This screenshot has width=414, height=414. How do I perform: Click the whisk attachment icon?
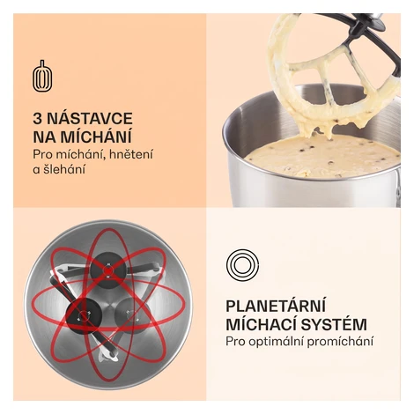[x=42, y=76]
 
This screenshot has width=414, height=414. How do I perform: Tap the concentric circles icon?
[x=242, y=265]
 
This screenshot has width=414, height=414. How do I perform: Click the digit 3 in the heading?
[x=37, y=118]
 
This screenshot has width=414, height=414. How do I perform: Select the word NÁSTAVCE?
[x=90, y=118]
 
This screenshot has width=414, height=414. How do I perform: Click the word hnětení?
[x=131, y=154]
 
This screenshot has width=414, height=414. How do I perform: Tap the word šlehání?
[x=64, y=169]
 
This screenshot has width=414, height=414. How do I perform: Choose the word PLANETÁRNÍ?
[x=276, y=306]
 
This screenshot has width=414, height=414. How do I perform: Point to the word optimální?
[x=276, y=342]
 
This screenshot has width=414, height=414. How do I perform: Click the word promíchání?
[x=341, y=342]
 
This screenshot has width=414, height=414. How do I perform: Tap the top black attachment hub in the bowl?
[x=107, y=270]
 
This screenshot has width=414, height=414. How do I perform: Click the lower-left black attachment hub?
[x=85, y=315]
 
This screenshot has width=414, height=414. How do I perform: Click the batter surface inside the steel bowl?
[x=322, y=156]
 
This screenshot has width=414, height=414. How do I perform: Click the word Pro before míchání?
[x=41, y=154]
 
